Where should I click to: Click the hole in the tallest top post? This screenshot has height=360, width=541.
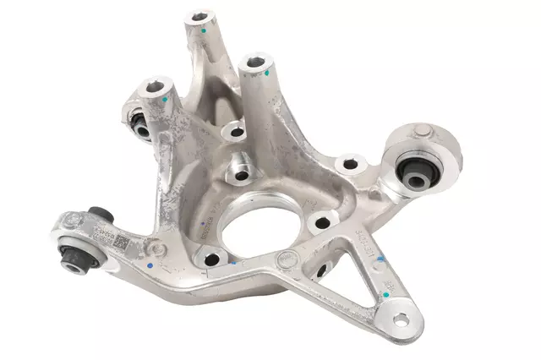point(200,15)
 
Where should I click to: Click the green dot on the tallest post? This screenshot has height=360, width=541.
point(205,28)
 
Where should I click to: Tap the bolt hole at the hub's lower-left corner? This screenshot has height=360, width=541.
point(210,259)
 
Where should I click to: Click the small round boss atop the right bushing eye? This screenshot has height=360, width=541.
point(421,130)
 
